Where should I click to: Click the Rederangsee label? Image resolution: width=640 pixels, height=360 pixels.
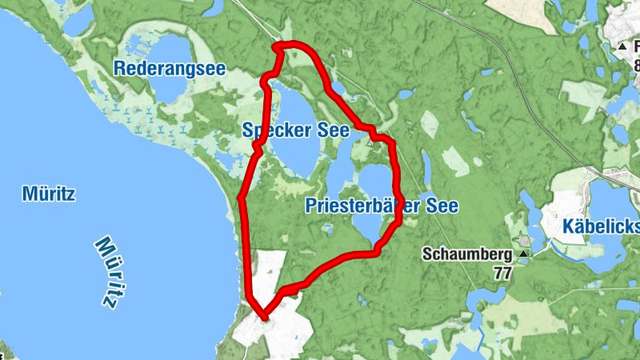[x=169, y=68]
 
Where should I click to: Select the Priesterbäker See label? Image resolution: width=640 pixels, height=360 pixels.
[x=382, y=206]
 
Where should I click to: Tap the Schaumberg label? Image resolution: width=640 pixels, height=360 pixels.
[x=467, y=255]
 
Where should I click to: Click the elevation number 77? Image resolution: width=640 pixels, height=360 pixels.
[x=502, y=273]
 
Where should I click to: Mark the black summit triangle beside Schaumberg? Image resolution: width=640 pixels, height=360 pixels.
[x=523, y=255]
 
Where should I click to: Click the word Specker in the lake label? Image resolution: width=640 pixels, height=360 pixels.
[x=269, y=130]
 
